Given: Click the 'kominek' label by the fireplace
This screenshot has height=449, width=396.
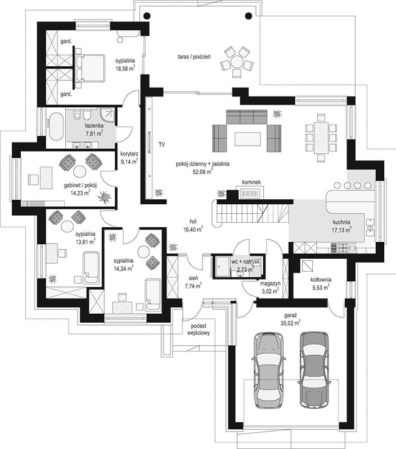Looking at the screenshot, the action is [x=251, y=182].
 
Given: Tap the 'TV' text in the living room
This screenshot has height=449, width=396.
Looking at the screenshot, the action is [x=162, y=145].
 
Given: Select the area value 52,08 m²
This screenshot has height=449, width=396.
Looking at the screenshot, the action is [x=202, y=172].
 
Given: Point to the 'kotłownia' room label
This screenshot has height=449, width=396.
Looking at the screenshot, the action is [x=321, y=280].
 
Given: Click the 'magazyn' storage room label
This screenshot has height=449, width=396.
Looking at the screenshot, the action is [x=270, y=283].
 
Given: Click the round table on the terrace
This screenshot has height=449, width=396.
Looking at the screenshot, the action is [x=237, y=62].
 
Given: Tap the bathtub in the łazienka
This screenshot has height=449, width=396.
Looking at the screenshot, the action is [x=56, y=127].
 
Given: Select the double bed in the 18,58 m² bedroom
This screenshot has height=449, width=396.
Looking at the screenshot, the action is [x=90, y=68].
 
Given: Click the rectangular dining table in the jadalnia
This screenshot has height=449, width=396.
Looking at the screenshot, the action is [x=321, y=138].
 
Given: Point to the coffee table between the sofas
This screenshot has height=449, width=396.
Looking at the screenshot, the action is [x=247, y=139].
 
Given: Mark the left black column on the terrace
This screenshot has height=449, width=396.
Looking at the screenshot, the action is [x=146, y=16].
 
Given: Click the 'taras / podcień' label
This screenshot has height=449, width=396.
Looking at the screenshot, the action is [x=194, y=57].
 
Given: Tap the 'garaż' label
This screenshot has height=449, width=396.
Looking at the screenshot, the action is [x=291, y=316].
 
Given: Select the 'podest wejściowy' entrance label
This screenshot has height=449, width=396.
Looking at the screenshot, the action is [x=199, y=329].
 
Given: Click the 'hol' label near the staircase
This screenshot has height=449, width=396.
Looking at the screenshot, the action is [x=193, y=221].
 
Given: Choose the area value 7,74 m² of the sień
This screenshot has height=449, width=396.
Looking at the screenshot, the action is [x=193, y=285].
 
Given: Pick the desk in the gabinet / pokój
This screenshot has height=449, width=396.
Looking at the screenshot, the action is [x=46, y=178].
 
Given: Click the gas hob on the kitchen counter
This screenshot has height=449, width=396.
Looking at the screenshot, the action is [x=343, y=248].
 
